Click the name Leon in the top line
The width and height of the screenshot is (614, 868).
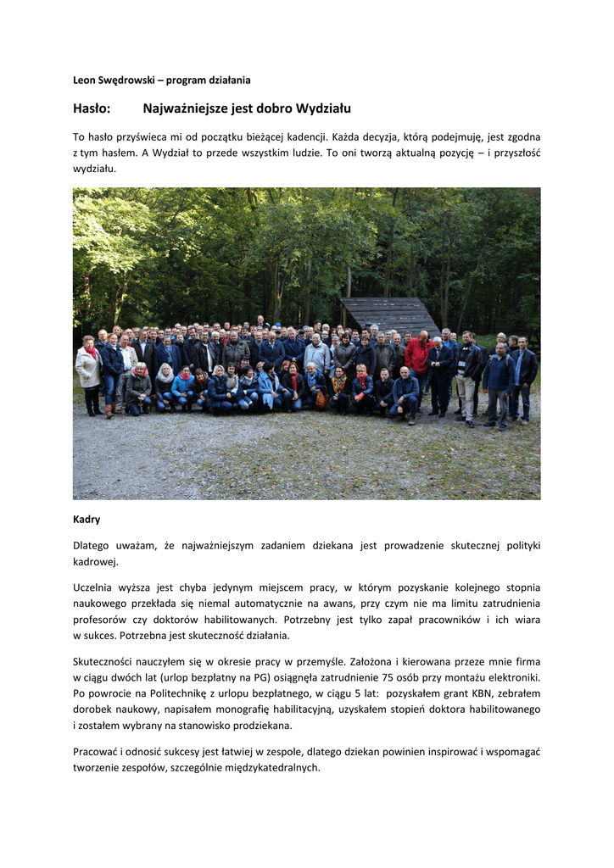click(x=86, y=81)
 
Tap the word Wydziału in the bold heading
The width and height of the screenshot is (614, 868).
click(x=321, y=108)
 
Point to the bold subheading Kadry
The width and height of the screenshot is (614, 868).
click(x=87, y=519)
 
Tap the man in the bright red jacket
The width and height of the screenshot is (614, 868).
click(x=417, y=354)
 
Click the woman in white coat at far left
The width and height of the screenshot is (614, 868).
click(x=88, y=369)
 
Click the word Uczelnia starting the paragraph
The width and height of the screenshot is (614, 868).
click(x=95, y=587)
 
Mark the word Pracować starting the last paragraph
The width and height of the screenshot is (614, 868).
click(x=98, y=752)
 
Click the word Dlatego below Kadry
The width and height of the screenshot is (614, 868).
click(x=92, y=546)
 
